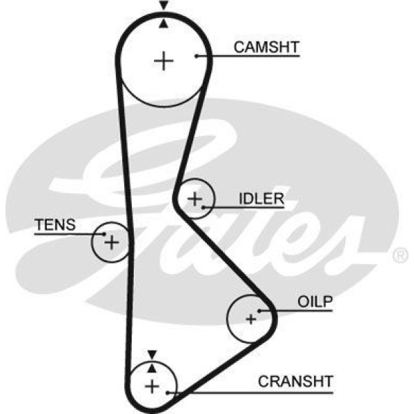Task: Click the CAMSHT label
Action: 266,47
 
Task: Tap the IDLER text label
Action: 262,199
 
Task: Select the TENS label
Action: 55,225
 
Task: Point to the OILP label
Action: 315,302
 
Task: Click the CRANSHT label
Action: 295,381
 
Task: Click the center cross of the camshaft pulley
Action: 164,61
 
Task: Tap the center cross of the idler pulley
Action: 195,199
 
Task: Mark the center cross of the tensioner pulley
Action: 111,242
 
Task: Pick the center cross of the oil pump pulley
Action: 250,319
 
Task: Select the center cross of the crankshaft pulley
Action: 151,385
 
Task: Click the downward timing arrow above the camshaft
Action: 164,6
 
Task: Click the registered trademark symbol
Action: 400,256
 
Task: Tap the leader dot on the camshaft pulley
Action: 197,55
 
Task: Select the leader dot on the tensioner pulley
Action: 103,235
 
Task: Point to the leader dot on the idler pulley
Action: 204,205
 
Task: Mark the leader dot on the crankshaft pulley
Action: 166,392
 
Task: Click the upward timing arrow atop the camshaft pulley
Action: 164,23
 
